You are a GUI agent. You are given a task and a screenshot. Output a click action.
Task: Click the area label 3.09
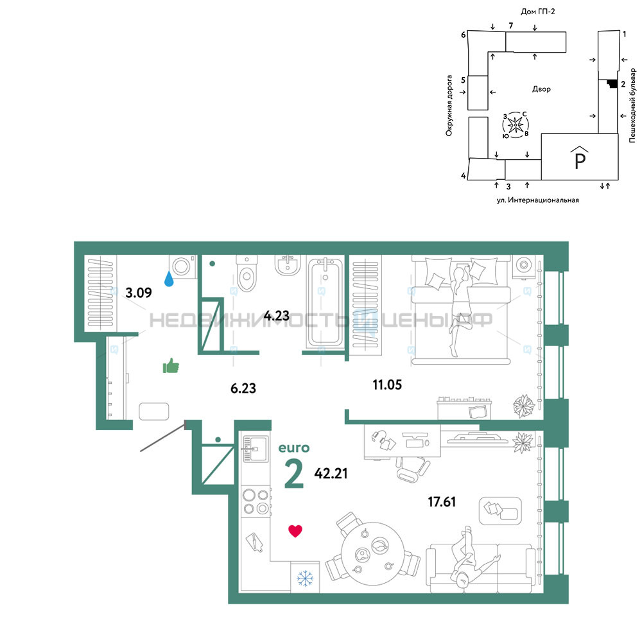139,293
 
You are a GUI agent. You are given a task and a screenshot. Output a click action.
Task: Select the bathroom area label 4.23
276,316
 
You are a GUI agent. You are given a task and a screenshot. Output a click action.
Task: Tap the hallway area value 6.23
243,388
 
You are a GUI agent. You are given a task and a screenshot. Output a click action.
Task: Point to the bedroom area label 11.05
387,385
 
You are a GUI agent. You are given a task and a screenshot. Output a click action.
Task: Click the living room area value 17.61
442,501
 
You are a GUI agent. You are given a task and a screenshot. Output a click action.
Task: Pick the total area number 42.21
331,473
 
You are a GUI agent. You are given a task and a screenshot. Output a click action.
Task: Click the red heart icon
295,531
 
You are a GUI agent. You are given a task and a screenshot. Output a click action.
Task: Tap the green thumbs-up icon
171,366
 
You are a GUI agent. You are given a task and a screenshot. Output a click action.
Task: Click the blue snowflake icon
305,578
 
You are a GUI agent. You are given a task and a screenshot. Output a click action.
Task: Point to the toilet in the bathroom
247,273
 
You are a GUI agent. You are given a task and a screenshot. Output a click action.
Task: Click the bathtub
325,302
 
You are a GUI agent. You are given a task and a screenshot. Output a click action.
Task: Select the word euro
294,448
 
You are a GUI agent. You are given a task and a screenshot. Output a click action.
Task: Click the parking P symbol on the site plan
580,158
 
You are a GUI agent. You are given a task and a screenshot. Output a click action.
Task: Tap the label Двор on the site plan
541,89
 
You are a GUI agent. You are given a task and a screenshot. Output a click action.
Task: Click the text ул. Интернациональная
537,200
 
